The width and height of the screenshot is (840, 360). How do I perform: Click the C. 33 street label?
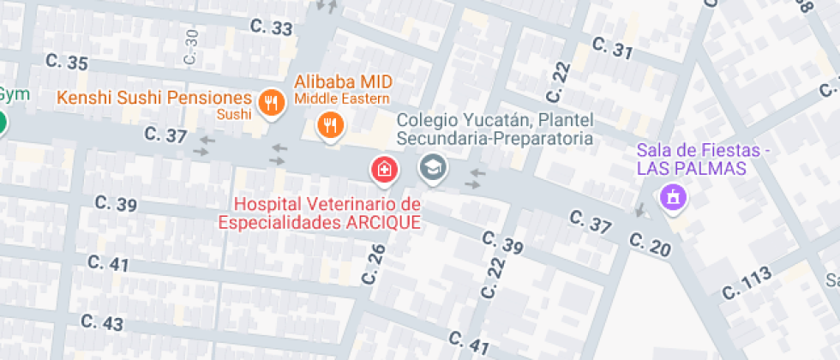[x=272, y=27]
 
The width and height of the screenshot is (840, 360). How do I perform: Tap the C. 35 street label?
[x=67, y=62]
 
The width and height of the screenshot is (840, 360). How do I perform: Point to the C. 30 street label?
[x=191, y=46]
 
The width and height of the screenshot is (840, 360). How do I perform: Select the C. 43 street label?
[x=102, y=322]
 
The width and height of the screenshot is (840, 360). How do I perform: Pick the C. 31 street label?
[x=611, y=49]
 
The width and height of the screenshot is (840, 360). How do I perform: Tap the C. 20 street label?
[x=649, y=243]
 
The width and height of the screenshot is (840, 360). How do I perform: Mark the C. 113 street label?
[x=747, y=283]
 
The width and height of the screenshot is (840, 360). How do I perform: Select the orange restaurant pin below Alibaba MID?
[x=330, y=126]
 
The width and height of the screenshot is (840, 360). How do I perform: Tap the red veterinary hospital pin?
[x=384, y=169]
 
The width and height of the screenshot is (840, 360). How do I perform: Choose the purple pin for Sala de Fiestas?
[x=673, y=197]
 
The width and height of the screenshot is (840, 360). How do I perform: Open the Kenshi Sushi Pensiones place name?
[x=154, y=98]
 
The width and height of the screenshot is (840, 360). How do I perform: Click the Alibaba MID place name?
[x=343, y=81]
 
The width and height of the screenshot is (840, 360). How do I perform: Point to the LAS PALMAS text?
[x=691, y=168]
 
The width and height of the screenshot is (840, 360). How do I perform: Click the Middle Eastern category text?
[x=343, y=99]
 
